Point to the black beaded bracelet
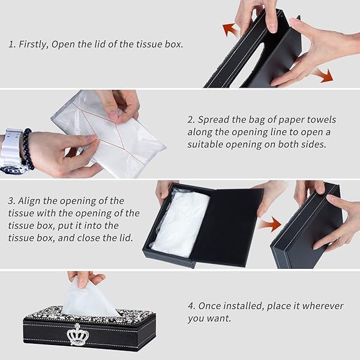(x=28, y=149)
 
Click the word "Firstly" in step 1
(x=34, y=44)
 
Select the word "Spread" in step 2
(x=214, y=120)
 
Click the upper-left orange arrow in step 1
(x=231, y=29)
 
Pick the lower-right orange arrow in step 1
(x=323, y=75)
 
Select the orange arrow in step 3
(x=270, y=224)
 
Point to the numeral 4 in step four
(x=191, y=306)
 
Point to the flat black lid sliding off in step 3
(x=227, y=227)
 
